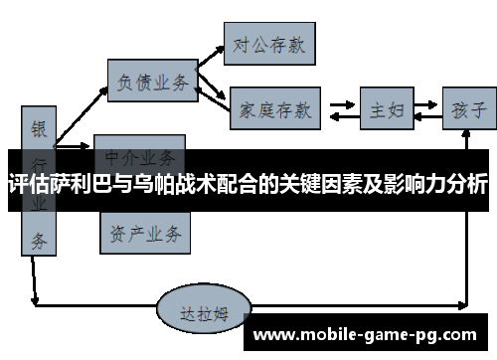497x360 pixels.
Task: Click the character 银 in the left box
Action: [39, 129]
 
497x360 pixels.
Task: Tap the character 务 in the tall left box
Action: [39, 239]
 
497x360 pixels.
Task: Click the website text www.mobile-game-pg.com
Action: [367, 335]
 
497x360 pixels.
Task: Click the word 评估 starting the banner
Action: [25, 184]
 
